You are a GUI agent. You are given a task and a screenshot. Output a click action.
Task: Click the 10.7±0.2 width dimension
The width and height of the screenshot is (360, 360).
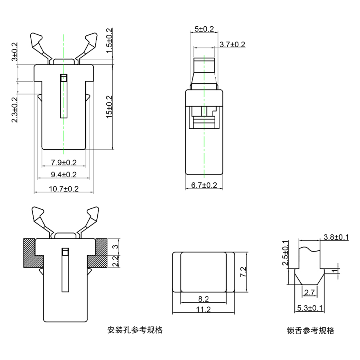(64, 189)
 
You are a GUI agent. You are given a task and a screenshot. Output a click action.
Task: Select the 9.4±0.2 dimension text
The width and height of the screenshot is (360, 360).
(64, 175)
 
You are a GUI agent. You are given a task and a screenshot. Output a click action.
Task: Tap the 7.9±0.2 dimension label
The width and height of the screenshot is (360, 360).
(64, 162)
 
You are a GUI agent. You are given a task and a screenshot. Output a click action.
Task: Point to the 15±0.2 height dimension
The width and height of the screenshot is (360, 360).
(109, 106)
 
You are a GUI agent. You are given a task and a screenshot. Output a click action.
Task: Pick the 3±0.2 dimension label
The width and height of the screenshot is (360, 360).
(15, 52)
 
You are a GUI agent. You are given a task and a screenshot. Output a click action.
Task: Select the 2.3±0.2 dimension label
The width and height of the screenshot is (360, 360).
(15, 110)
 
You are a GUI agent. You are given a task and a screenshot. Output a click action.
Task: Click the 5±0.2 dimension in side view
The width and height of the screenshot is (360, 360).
(204, 29)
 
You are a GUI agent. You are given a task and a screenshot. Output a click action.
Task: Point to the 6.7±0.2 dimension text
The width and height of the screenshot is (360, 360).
(204, 185)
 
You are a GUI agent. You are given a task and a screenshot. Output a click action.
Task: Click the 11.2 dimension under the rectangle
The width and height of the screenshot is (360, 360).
(204, 309)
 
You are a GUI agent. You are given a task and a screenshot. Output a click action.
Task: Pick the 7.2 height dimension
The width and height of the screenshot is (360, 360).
(243, 272)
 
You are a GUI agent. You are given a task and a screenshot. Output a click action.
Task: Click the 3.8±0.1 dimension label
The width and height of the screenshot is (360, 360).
(336, 237)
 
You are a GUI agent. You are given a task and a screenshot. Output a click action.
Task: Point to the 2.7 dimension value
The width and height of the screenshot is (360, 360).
(310, 293)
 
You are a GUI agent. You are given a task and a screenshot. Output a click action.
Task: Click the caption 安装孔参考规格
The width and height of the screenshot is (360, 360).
(135, 330)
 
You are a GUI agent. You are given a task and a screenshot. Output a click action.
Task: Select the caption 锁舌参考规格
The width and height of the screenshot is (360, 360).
(310, 331)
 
